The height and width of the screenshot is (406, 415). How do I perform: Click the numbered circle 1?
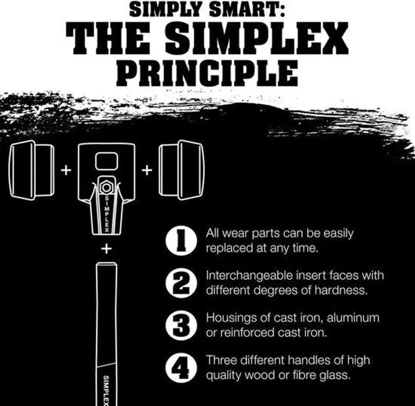(x=181, y=241)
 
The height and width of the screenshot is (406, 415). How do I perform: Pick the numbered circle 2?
(x=181, y=283)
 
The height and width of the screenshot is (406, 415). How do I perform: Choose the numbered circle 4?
(x=181, y=367)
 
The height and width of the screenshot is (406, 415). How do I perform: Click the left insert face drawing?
(x=32, y=170)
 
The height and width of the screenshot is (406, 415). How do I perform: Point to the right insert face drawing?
(x=182, y=170)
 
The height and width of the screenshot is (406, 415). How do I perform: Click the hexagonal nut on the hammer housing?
(x=107, y=187)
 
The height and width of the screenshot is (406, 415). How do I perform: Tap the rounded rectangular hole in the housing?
(x=107, y=161)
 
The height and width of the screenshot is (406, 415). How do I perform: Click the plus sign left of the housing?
(x=66, y=170)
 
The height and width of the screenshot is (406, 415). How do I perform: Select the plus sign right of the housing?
(x=147, y=170)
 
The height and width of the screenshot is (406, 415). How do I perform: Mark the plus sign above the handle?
(x=107, y=249)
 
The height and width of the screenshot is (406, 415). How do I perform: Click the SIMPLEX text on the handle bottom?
(x=106, y=390)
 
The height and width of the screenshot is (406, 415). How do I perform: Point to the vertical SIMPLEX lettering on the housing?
(x=107, y=214)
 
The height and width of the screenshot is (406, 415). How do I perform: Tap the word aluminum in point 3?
(x=353, y=317)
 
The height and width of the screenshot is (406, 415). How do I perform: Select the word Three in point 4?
(x=222, y=360)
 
